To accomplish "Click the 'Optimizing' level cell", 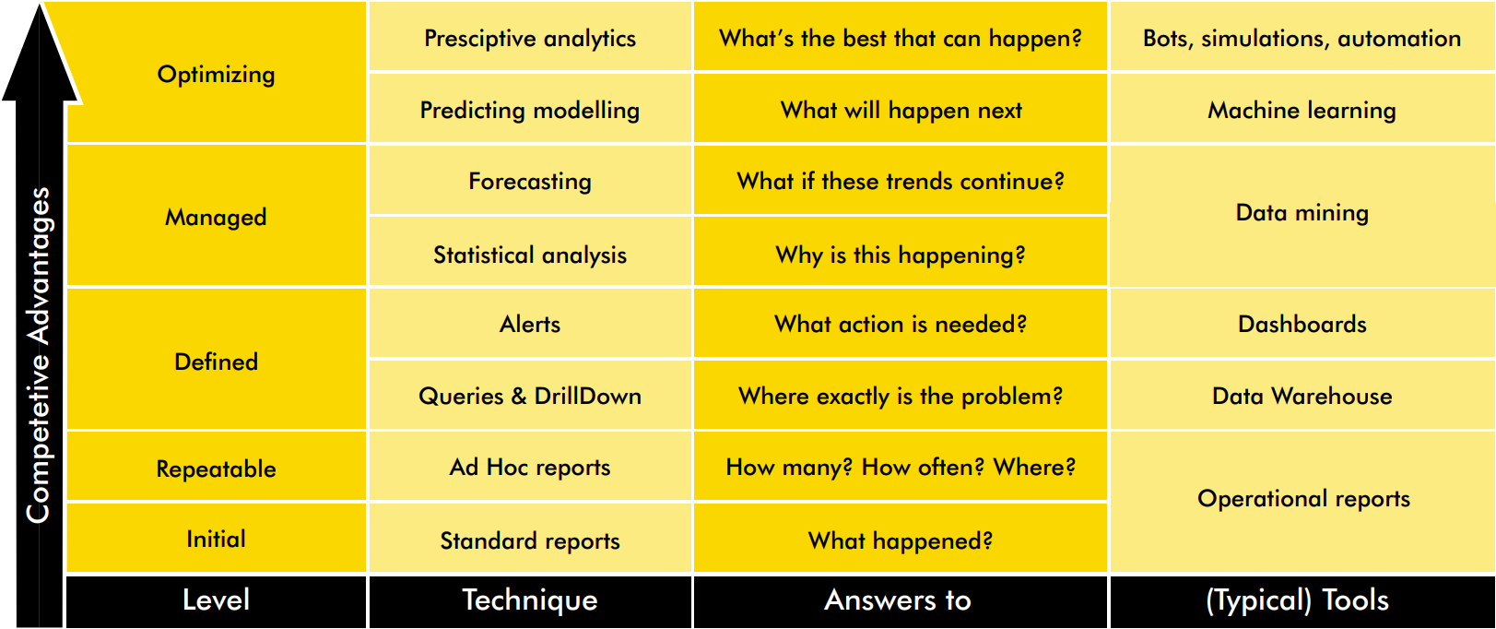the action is click(217, 74).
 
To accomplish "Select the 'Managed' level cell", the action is click(217, 217).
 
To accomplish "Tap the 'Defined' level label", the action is click(217, 362).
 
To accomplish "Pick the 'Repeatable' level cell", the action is click(217, 468).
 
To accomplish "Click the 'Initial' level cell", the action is click(217, 538).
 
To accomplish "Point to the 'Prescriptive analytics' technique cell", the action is click(530, 38).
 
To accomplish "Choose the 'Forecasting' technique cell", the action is click(530, 181).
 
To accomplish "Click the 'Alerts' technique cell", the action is click(530, 324).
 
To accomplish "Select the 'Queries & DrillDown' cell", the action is click(530, 395).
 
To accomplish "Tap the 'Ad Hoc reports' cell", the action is click(530, 467).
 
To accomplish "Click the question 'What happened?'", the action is click(901, 540).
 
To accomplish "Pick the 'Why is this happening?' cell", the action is click(901, 253).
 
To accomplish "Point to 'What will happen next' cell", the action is click(901, 109).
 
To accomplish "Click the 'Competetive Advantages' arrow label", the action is click(38, 354).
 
